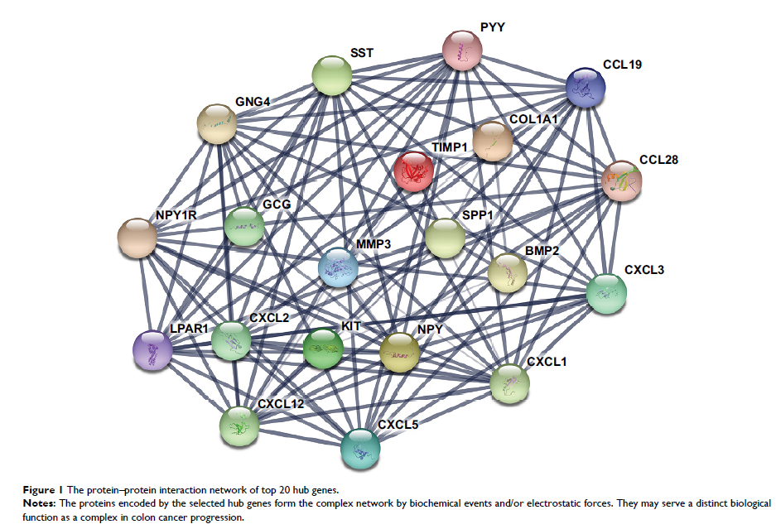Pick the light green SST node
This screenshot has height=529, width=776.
(x=332, y=77)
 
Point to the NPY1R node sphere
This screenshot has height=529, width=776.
(x=137, y=238)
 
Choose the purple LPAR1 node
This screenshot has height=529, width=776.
(x=153, y=350)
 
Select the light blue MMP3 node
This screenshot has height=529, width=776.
(x=339, y=267)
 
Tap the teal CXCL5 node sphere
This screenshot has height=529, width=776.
(x=361, y=447)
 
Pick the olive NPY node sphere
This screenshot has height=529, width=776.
(x=400, y=352)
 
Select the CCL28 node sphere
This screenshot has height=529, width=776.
(x=622, y=180)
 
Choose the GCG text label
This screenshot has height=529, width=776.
(x=277, y=203)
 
